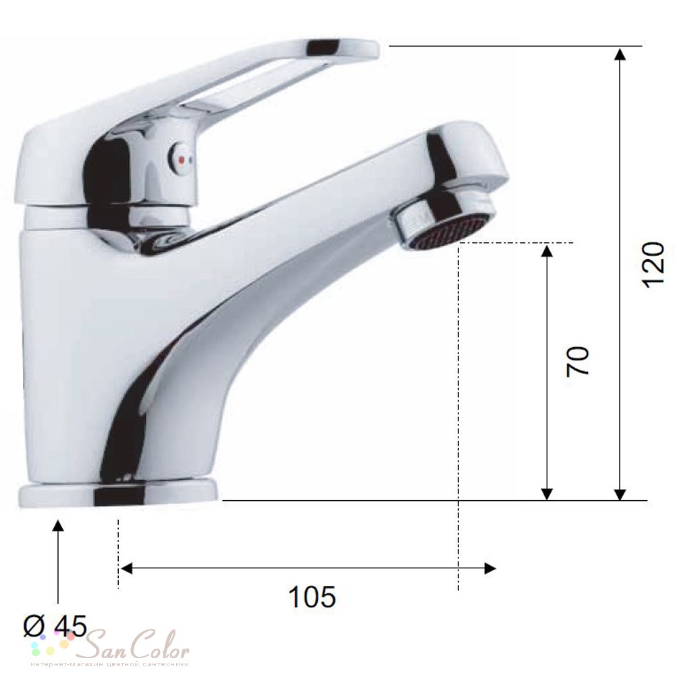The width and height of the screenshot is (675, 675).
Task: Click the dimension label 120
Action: coord(653,265)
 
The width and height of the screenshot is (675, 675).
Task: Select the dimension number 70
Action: coord(578,360)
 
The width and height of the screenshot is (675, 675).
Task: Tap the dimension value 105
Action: coord(312,597)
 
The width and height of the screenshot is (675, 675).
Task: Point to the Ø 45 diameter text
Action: coord(55,626)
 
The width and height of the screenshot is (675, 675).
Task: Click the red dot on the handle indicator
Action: coord(181,160)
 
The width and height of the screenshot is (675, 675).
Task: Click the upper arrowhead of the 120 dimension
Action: coord(620,55)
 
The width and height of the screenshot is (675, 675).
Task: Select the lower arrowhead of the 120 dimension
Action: coord(620,493)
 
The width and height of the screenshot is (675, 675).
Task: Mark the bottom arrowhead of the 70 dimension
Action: coord(547,493)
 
